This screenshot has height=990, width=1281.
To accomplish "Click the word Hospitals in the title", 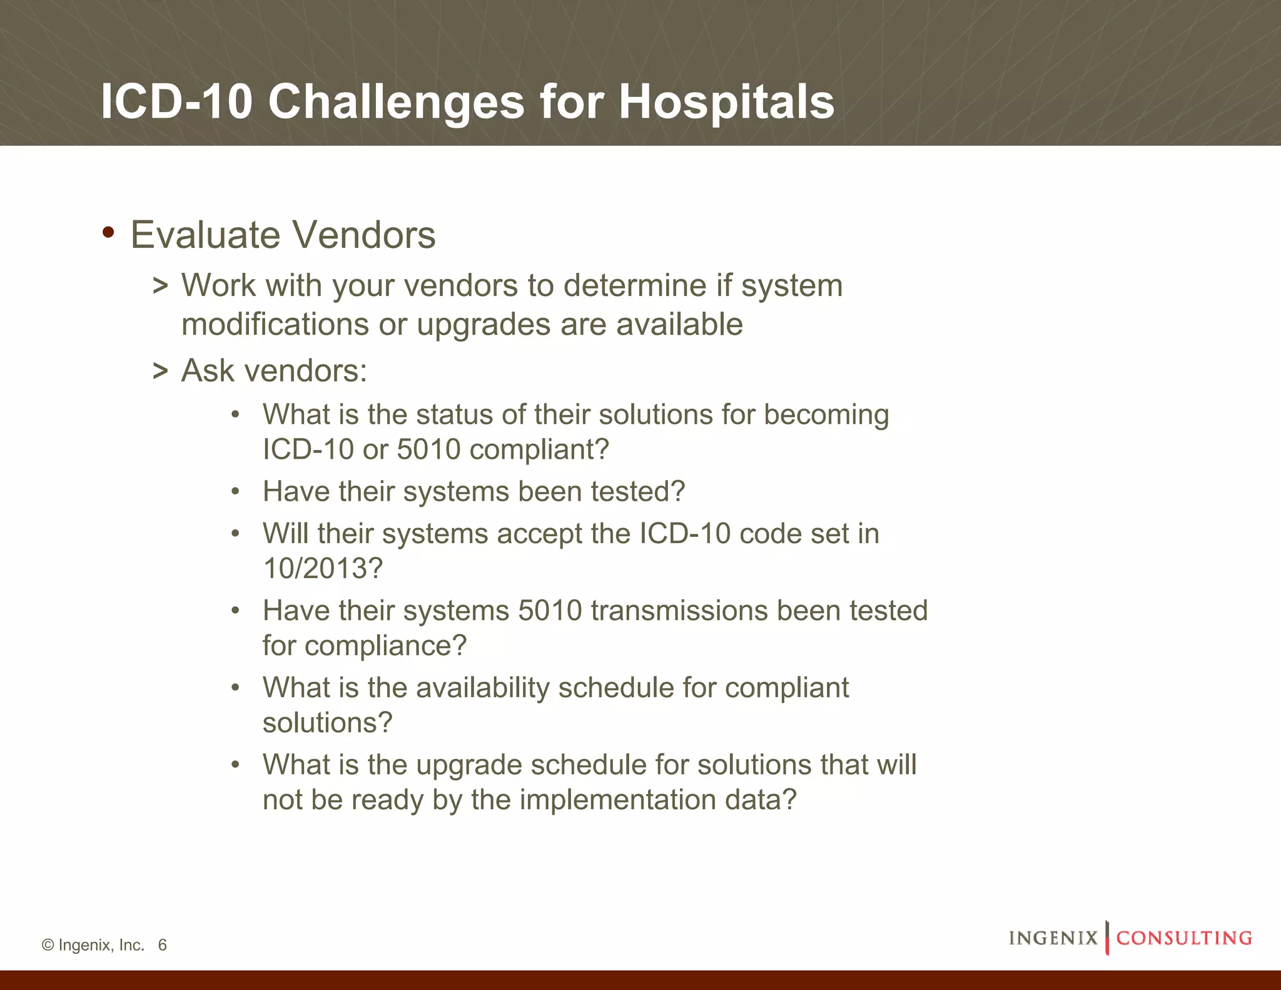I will [726, 102].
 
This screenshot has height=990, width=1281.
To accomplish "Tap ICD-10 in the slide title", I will [176, 102].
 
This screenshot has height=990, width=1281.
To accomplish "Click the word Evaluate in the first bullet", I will [205, 235].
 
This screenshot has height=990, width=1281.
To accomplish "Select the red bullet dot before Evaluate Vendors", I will [108, 232].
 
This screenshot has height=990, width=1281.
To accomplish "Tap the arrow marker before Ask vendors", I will [161, 371].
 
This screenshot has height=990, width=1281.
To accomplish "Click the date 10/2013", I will [323, 569].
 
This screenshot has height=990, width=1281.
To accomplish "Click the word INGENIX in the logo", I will [1053, 938].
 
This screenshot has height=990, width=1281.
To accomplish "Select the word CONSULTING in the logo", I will [1184, 938].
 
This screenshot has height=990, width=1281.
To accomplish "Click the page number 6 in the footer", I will [163, 945].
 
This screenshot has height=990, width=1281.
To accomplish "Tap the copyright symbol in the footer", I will [48, 945].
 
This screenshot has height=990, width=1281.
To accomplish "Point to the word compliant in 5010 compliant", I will [539, 450].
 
